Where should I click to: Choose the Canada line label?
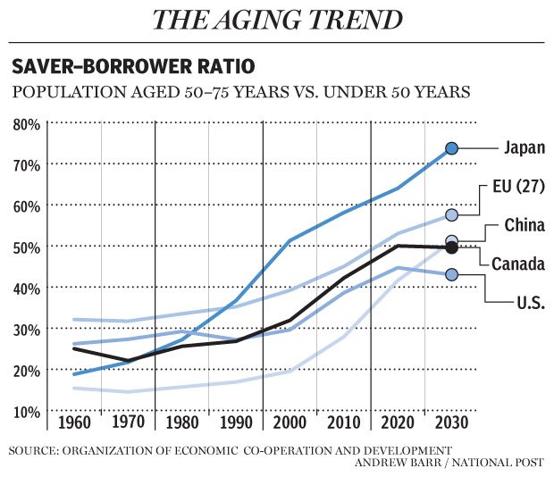(518, 264)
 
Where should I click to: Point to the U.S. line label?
(526, 303)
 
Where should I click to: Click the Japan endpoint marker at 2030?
(452, 148)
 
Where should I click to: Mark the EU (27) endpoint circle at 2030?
(452, 215)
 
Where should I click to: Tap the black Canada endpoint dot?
(451, 247)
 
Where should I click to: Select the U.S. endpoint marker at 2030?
(451, 274)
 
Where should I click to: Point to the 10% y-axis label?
(26, 412)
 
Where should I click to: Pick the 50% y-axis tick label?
(26, 247)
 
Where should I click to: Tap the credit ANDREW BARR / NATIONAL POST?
(454, 463)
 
